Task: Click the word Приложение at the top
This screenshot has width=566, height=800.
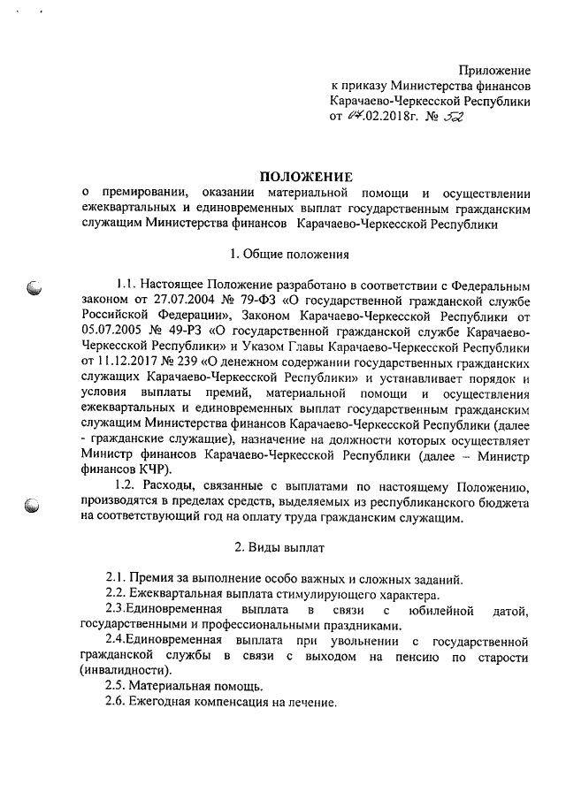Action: point(494,70)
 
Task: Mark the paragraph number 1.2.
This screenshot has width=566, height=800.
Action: point(129,486)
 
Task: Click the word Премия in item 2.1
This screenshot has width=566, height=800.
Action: point(160,578)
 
